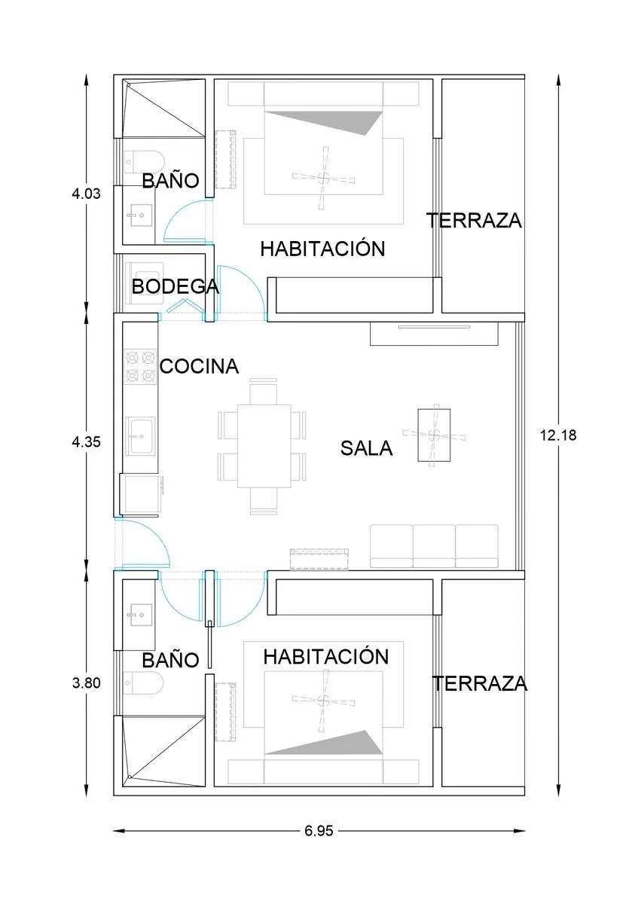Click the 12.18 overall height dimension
click(558, 435)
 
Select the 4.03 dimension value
click(86, 194)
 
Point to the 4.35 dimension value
click(86, 442)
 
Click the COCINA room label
click(200, 366)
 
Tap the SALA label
click(366, 448)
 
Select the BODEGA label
click(176, 286)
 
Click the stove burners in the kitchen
click(140, 366)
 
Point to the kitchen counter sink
click(142, 435)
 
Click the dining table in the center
click(264, 446)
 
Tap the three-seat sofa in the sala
click(434, 546)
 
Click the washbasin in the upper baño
click(140, 215)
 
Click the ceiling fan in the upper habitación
click(323, 178)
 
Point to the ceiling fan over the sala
click(434, 435)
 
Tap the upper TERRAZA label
click(474, 220)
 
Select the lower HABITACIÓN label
click(326, 657)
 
